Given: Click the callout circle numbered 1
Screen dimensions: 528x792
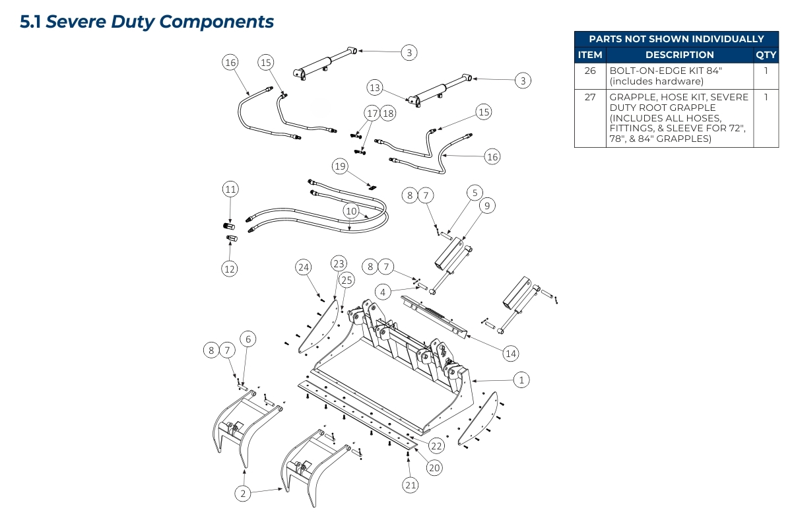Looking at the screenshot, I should tap(521, 379).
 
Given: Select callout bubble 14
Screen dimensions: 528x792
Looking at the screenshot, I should tap(510, 354).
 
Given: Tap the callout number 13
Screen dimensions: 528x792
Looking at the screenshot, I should tap(375, 87).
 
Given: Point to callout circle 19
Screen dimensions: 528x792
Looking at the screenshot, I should tap(340, 166).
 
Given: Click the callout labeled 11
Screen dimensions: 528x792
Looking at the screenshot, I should tap(230, 189).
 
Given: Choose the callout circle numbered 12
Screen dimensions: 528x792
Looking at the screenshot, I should tap(230, 269).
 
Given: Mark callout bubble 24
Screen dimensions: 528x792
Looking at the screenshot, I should tap(303, 267).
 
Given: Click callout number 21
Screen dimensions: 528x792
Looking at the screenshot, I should tap(410, 485).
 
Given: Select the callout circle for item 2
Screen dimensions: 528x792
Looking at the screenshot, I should tap(243, 493).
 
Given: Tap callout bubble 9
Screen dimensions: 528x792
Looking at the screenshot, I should tap(486, 207).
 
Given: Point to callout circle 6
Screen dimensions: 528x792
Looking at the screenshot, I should tap(248, 339).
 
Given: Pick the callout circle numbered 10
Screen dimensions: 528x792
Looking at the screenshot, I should tap(351, 211).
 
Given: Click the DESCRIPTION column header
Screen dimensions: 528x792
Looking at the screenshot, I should tap(679, 55).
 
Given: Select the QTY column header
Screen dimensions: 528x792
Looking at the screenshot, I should tap(766, 55).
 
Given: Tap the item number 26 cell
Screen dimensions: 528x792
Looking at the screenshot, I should tap(590, 70).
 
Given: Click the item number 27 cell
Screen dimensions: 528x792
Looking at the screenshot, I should tap(590, 97).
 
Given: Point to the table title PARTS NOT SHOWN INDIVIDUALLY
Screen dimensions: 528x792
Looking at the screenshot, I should tap(676, 39).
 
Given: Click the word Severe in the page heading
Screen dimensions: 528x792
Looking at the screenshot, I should tap(75, 22).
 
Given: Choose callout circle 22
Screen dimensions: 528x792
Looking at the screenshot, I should tap(436, 446).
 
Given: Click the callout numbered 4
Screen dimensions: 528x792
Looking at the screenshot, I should tap(382, 291).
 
